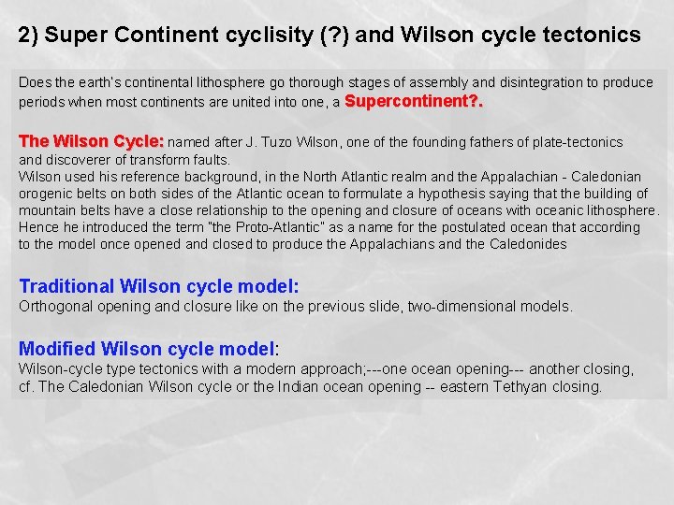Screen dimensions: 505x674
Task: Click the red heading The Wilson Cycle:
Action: (91, 141)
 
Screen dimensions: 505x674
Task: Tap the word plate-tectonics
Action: (577, 142)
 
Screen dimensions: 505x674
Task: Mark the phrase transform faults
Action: (184, 159)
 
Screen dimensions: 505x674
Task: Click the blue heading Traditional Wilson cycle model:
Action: (159, 287)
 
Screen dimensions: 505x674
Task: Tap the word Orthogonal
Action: (51, 306)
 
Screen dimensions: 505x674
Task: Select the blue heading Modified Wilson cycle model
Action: (147, 349)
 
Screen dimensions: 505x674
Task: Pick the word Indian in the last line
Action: (299, 386)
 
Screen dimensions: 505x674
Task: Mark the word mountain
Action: (45, 210)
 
